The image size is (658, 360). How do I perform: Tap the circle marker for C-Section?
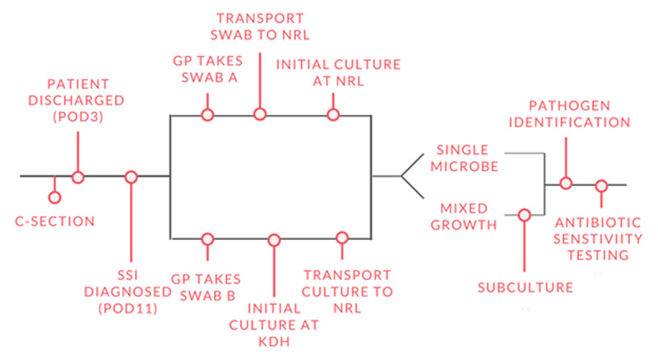(x=54, y=197)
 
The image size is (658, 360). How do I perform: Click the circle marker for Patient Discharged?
(x=78, y=176)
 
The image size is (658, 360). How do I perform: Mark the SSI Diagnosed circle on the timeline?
(x=130, y=176)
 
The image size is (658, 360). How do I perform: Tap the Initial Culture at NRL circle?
(x=332, y=114)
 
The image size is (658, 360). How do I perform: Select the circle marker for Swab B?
(x=207, y=239)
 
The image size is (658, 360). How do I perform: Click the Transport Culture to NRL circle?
(x=343, y=239)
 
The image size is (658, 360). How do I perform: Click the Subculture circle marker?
(x=523, y=215)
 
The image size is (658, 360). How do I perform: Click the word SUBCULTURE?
(x=523, y=288)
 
